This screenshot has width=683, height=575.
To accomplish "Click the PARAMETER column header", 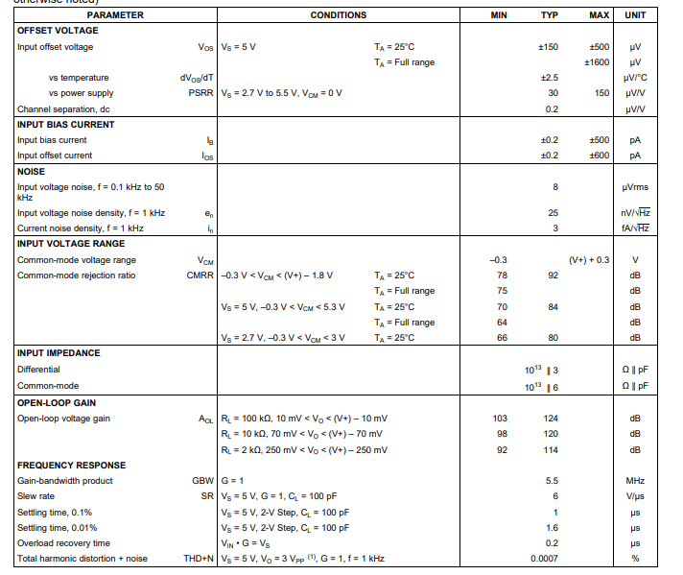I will pos(115,15).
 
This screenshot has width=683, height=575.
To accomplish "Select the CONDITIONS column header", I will pos(338,15).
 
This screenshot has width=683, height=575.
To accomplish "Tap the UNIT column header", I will pos(634,15).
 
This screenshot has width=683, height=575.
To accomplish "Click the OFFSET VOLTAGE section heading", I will pos(58,31).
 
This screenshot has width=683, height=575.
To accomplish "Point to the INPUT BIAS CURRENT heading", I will pos(66,125).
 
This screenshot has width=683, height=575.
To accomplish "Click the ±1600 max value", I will pos(597,62).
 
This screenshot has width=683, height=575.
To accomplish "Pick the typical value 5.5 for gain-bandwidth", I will pos(552,481).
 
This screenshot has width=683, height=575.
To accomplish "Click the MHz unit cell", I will pos(634,481).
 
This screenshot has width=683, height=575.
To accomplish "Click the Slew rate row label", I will pos(37,496).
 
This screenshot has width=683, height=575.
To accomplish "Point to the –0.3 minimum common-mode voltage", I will pos(498,260).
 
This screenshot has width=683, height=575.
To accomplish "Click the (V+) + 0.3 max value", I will pos(588,260).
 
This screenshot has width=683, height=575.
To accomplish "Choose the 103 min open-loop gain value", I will pos(500,419).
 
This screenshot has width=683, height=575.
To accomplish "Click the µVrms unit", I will pos(634,187).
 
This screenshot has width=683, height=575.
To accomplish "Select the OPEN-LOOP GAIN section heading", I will pos(56,403).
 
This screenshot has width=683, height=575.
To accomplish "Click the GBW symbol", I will pos(202,481).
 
